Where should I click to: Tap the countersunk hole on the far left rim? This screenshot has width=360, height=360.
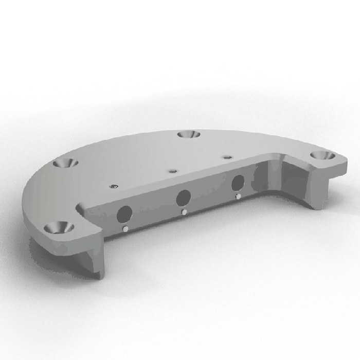pos(66,163)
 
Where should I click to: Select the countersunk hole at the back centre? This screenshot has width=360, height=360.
pos(188,134)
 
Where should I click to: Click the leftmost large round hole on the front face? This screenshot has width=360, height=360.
pos(124,213)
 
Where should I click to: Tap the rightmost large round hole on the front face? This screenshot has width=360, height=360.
pos(238,183)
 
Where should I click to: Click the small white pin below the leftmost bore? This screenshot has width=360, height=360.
pos(125,228)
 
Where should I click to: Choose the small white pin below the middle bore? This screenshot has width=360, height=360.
pos(184,211)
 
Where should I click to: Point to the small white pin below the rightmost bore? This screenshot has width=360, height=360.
pos(238,196)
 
